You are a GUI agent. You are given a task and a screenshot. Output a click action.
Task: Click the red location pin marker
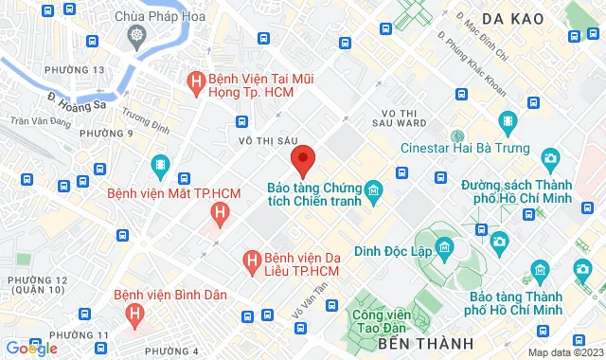click(302, 159)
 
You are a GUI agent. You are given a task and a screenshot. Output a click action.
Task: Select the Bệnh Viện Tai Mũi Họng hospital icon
click(197, 81)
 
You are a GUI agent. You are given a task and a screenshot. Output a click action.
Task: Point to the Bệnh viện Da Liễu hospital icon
click(252, 259)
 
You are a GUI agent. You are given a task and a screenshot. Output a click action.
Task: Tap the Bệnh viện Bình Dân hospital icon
click(136, 312)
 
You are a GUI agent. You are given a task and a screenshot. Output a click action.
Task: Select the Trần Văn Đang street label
click(39, 121)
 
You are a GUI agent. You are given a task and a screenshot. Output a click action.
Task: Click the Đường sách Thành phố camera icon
click(549, 158)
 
